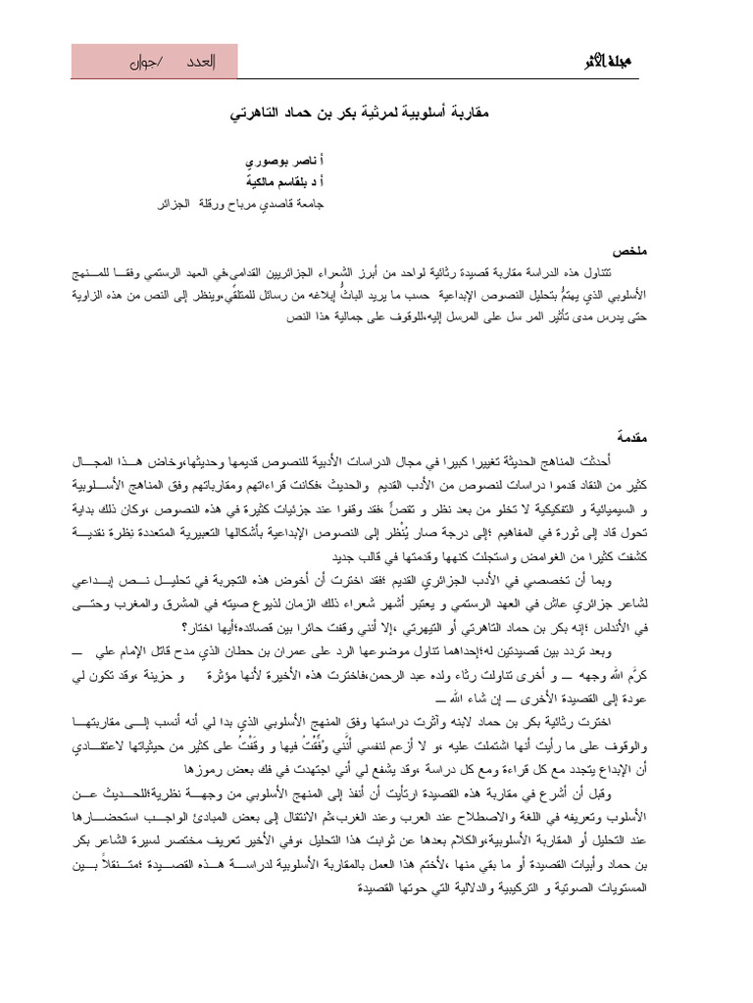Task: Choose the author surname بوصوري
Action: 266,160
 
